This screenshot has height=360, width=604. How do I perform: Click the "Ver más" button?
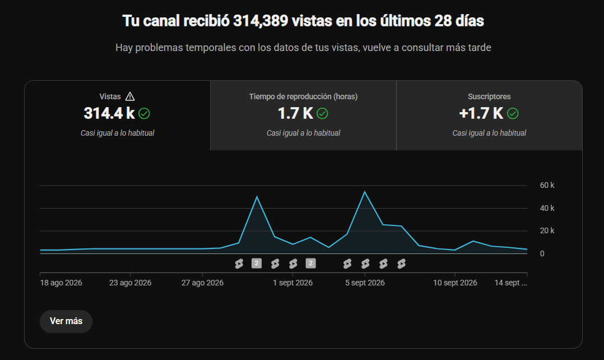66,321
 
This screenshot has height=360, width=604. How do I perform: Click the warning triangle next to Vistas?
130,96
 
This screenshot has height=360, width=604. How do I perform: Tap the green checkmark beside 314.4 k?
144,114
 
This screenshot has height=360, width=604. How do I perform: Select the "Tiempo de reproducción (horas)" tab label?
303,96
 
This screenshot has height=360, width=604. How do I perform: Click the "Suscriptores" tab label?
489,96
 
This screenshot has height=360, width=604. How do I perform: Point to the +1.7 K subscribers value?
481,113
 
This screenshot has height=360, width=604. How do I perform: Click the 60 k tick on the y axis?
547,185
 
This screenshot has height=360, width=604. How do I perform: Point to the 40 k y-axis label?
547,208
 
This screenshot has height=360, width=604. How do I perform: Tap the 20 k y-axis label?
547,230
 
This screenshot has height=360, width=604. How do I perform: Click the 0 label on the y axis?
542,253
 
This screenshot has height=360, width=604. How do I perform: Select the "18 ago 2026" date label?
61,283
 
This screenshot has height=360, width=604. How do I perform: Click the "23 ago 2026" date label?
130,283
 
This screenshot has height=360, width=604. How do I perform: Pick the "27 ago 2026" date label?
203,283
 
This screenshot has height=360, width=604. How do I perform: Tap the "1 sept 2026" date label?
292,283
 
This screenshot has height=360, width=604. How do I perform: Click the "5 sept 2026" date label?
365,283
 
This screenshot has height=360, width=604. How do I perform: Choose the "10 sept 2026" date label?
455,283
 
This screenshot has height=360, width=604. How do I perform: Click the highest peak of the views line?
364,192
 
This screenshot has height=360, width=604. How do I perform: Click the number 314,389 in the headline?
261,21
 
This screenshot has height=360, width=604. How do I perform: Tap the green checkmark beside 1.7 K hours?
322,114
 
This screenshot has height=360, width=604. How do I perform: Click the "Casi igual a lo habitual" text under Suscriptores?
489,133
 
